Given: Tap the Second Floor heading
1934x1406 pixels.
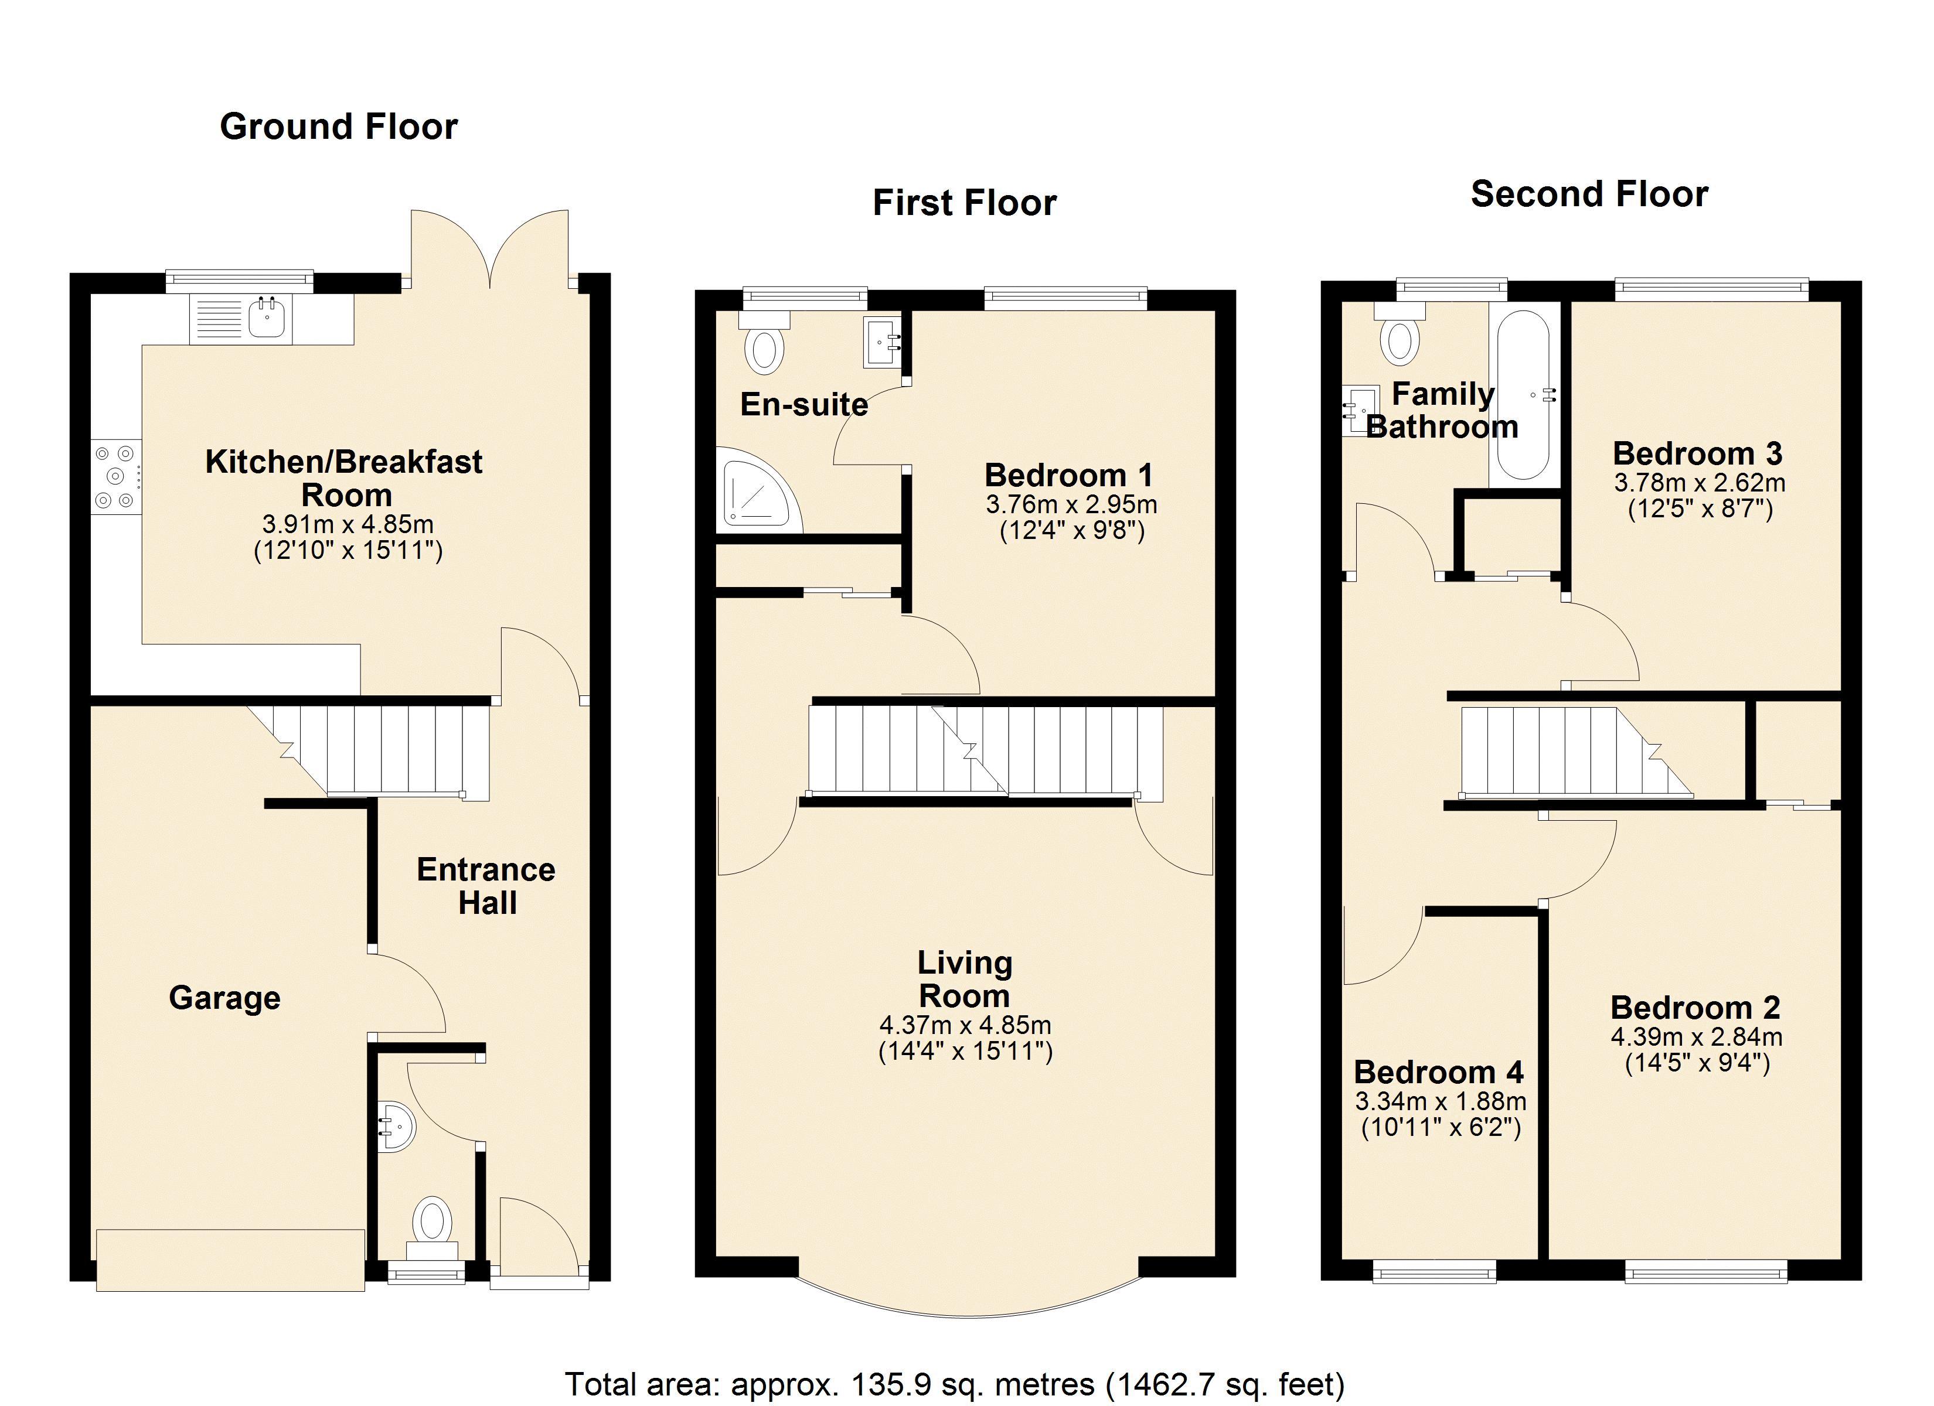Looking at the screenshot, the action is (x=1589, y=194).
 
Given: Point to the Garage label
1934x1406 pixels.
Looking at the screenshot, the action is (x=224, y=998).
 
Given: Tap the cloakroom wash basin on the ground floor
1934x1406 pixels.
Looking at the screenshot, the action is (x=397, y=1125).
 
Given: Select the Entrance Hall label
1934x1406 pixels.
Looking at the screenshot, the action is (x=486, y=886).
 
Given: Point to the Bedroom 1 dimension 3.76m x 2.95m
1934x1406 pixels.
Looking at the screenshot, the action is (x=1071, y=505).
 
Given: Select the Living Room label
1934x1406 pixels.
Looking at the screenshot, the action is (x=965, y=979).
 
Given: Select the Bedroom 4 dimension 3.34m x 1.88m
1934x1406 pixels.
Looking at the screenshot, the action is (x=1441, y=1101).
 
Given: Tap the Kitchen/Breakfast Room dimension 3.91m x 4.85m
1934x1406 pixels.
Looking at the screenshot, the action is (x=348, y=524).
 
